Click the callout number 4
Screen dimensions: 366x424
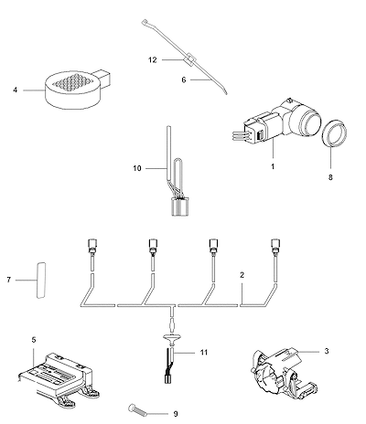16,90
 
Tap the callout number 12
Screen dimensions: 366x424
153,60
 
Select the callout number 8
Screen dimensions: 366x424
330,177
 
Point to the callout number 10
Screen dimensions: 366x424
137,168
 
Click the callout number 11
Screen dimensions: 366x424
204,353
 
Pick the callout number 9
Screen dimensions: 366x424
176,414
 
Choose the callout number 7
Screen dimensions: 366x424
9,280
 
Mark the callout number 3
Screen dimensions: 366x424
327,351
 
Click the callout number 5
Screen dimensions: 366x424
34,339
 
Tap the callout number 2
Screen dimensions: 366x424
242,275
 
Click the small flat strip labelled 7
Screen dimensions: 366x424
41,280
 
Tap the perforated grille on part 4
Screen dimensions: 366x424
72,82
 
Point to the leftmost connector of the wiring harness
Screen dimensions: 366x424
91,245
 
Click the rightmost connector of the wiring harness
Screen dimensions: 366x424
275,245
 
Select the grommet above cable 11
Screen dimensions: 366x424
172,339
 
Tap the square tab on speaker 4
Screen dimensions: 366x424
103,77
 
